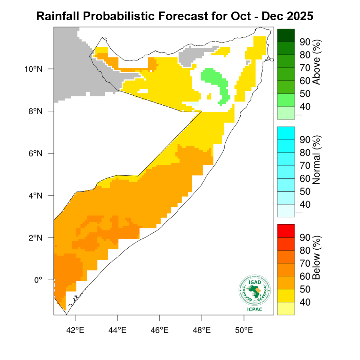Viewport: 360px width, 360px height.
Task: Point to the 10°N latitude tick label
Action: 34,69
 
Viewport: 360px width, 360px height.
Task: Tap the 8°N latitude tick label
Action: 35,111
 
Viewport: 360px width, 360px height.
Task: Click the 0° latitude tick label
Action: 38,280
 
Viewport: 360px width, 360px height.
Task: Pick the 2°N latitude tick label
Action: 35,238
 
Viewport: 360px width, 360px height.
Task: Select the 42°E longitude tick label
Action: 75,330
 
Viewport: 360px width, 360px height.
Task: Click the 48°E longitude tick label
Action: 202,330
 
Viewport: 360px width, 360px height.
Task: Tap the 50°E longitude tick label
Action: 244,330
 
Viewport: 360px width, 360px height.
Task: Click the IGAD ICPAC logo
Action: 255,293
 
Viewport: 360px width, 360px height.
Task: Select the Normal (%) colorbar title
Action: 316,160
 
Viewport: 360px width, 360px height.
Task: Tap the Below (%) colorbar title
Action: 316,258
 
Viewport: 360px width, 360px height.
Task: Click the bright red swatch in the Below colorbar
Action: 286,231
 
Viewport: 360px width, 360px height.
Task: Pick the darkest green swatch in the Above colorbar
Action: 286,35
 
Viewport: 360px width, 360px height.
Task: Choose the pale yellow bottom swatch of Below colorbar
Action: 286,308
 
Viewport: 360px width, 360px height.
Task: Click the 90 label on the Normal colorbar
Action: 305,140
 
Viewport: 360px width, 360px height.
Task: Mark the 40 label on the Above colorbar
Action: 305,107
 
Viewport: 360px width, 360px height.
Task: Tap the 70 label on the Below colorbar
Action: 305,263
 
